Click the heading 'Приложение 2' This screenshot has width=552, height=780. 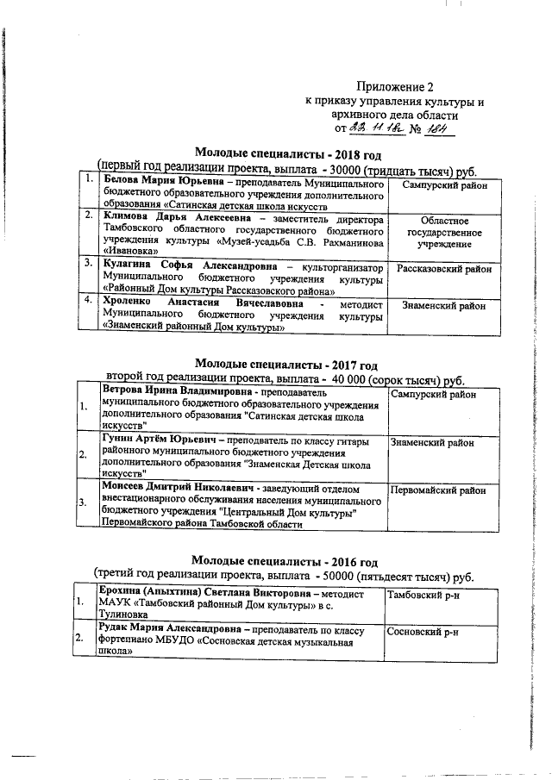pos(392,87)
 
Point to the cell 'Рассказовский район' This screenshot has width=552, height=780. pos(443,269)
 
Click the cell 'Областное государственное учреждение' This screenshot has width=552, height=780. pos(443,233)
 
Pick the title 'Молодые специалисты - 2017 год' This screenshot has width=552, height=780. pos(285,364)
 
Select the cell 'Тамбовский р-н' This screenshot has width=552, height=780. pos(423,596)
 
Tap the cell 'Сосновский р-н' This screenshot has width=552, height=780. pos(423,632)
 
